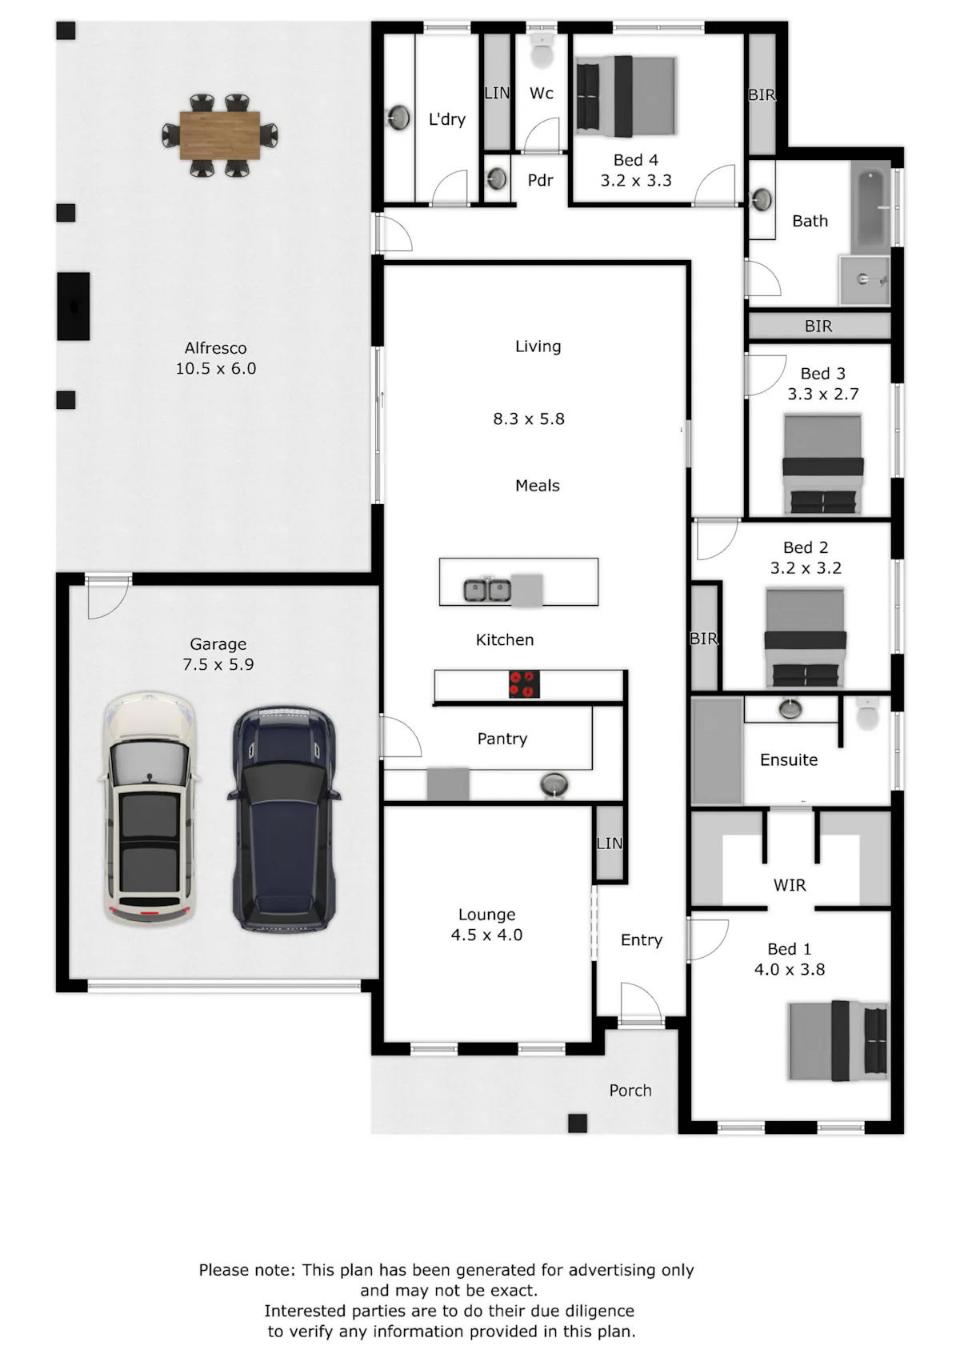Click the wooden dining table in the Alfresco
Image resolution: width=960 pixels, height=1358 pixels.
point(220,135)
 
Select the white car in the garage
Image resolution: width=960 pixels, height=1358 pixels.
point(149,808)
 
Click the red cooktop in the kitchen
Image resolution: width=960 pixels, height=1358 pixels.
point(524,684)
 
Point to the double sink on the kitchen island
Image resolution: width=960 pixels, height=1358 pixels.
point(487,590)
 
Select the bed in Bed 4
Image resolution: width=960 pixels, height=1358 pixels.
point(626,96)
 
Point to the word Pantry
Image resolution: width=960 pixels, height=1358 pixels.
point(502,739)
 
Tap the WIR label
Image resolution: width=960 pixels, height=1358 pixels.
point(790,885)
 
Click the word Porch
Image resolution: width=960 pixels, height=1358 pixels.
point(630,1091)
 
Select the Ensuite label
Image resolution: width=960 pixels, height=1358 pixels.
point(789,759)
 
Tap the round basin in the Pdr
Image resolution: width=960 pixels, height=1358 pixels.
point(498,178)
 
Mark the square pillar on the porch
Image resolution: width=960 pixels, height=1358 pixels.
point(578,1124)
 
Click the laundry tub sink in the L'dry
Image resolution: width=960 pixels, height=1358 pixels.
point(398,118)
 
